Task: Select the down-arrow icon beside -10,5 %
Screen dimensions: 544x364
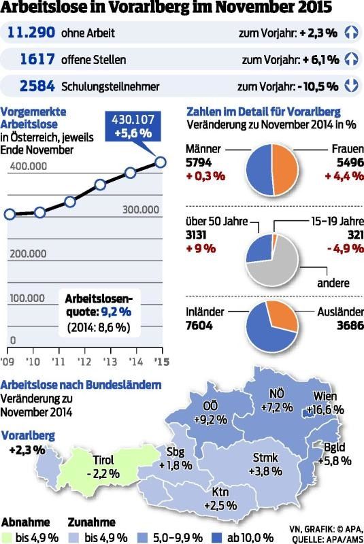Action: point(351,86)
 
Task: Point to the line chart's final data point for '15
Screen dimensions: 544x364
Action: point(161,161)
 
